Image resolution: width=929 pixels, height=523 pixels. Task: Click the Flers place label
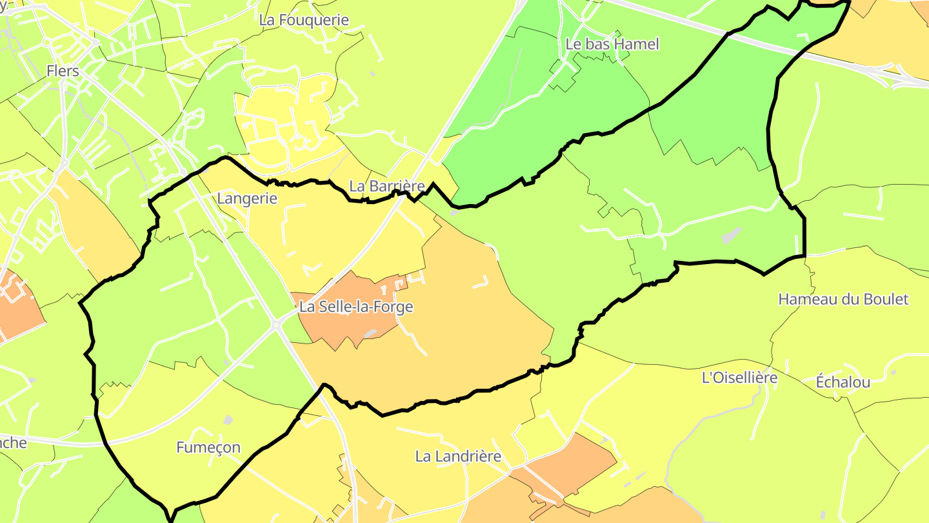pyautogui.click(x=63, y=70)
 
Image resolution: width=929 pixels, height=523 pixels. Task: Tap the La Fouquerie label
pyautogui.click(x=304, y=20)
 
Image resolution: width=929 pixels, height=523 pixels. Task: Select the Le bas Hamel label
pyautogui.click(x=612, y=44)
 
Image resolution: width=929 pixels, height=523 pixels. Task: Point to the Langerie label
pyautogui.click(x=247, y=198)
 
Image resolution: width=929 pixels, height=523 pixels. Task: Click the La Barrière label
pyautogui.click(x=387, y=186)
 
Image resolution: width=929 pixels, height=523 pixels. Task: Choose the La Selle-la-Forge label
pyautogui.click(x=355, y=307)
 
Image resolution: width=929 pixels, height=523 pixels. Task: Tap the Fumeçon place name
pyautogui.click(x=208, y=447)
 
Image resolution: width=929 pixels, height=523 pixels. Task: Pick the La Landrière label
pyautogui.click(x=458, y=456)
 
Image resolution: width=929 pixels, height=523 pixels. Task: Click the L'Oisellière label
pyautogui.click(x=739, y=378)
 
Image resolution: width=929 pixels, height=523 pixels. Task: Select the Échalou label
pyautogui.click(x=843, y=382)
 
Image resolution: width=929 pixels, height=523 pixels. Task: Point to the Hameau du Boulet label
pyautogui.click(x=843, y=299)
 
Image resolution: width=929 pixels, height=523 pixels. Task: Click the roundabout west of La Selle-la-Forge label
pyautogui.click(x=276, y=325)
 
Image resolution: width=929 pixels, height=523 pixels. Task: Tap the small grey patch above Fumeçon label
pyautogui.click(x=228, y=420)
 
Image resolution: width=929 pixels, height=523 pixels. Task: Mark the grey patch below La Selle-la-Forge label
pyautogui.click(x=370, y=334)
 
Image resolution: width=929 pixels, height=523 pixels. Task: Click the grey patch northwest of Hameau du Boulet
pyautogui.click(x=731, y=235)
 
